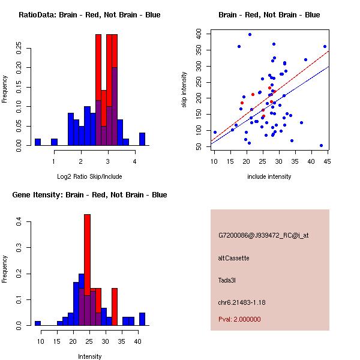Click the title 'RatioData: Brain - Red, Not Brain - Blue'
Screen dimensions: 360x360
89,14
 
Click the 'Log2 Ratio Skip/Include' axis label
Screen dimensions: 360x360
89,176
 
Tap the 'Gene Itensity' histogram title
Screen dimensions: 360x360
89,195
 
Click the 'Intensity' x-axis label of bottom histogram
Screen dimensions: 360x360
89,356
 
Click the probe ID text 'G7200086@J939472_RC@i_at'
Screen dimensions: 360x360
263,236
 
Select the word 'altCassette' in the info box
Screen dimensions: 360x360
233,258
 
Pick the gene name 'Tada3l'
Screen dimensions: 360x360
228,280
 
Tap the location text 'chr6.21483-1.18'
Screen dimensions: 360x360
242,302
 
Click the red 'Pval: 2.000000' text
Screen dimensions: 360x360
239,319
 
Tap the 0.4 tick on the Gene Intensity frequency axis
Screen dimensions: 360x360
20,223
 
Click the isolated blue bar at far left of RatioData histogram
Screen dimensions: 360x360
38,142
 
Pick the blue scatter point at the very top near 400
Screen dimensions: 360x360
250,34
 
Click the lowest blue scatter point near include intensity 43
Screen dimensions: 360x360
321,145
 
